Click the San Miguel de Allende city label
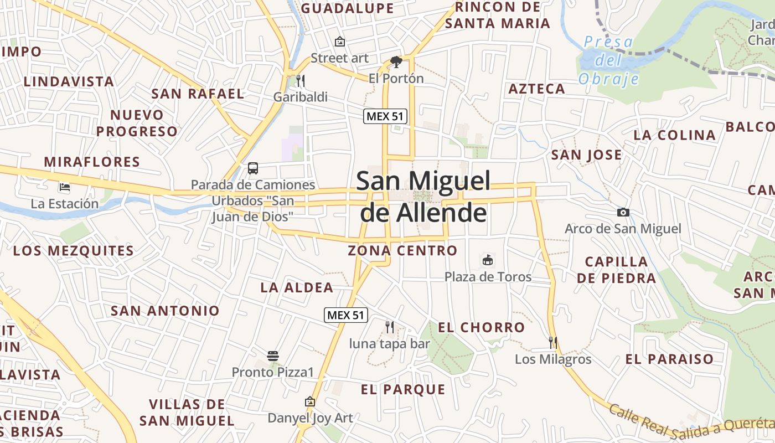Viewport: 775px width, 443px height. pyautogui.click(x=423, y=197)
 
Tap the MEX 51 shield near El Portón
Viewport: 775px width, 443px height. pyautogui.click(x=386, y=116)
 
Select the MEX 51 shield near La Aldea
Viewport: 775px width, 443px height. pyautogui.click(x=346, y=315)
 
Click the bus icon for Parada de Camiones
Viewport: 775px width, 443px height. pyautogui.click(x=253, y=168)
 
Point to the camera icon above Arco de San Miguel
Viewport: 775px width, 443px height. pyautogui.click(x=623, y=212)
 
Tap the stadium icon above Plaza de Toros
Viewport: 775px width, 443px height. pyautogui.click(x=488, y=260)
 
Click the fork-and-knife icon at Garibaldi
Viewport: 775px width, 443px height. pyautogui.click(x=301, y=81)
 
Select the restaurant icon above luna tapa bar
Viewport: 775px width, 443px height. pyautogui.click(x=390, y=327)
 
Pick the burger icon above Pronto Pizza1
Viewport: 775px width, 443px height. pyautogui.click(x=272, y=356)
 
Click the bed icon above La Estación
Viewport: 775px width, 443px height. pyautogui.click(x=65, y=187)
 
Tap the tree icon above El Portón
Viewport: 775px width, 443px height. pyautogui.click(x=396, y=61)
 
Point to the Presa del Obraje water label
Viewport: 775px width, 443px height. pyautogui.click(x=609, y=60)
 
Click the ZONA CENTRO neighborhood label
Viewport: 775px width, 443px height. pyautogui.click(x=402, y=250)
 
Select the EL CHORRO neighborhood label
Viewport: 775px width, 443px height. pyautogui.click(x=481, y=327)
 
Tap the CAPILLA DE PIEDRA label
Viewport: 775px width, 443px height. pyautogui.click(x=616, y=269)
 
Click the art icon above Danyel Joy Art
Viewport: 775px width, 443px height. pyautogui.click(x=310, y=401)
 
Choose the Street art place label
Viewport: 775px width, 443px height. pyautogui.click(x=339, y=58)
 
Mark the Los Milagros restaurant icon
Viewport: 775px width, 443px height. pyautogui.click(x=552, y=342)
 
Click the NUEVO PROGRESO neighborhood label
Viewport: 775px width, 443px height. pyautogui.click(x=137, y=123)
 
